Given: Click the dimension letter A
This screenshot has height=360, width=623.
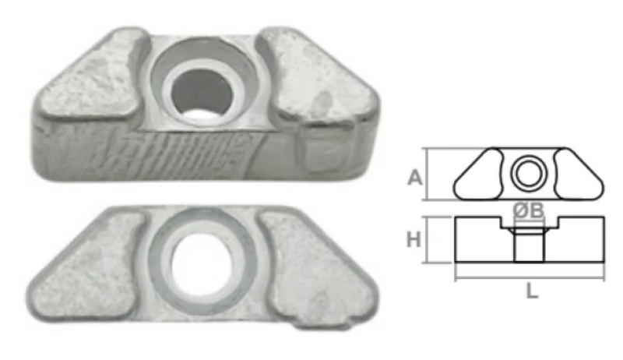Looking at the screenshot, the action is (415, 178).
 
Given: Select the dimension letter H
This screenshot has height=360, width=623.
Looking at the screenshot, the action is (414, 239).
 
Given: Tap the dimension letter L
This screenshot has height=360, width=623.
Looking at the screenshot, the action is (532, 291).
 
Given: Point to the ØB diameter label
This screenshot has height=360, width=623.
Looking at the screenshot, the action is (528, 210).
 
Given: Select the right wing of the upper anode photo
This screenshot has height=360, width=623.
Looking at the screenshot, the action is (318, 76).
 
